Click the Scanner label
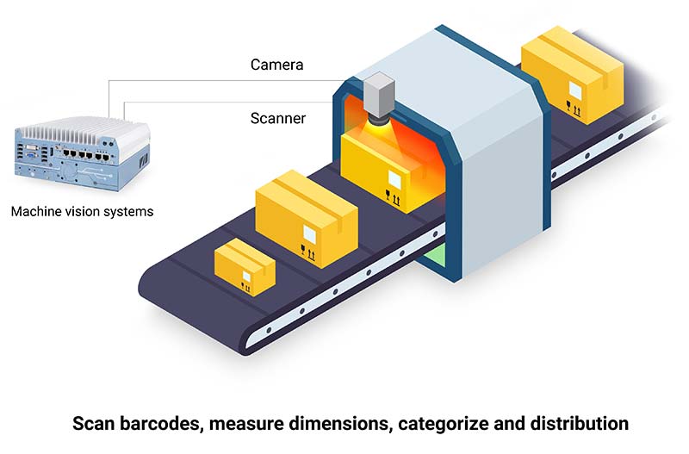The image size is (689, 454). point(277,118)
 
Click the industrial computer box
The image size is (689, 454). point(81,156)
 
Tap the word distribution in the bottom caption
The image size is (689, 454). point(580,425)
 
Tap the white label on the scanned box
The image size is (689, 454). point(394,181)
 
